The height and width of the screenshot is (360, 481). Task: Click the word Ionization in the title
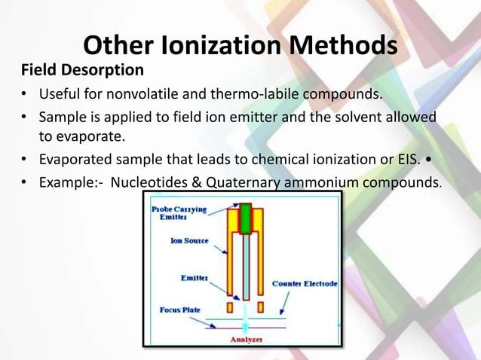point(195,46)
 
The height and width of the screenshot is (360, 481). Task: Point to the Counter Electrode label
point(305,284)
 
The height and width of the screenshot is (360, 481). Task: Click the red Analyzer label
point(246,339)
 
